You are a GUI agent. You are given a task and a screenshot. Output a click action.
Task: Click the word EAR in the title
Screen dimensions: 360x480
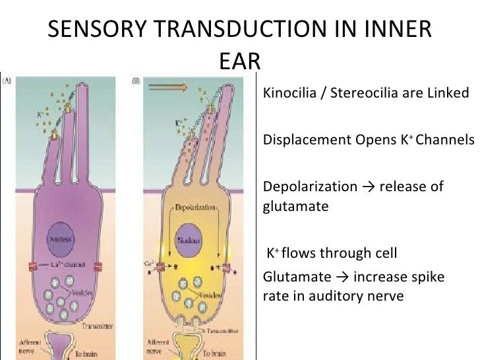click(x=240, y=61)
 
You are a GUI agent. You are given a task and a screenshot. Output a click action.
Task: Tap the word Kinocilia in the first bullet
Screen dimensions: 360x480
click(x=289, y=92)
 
